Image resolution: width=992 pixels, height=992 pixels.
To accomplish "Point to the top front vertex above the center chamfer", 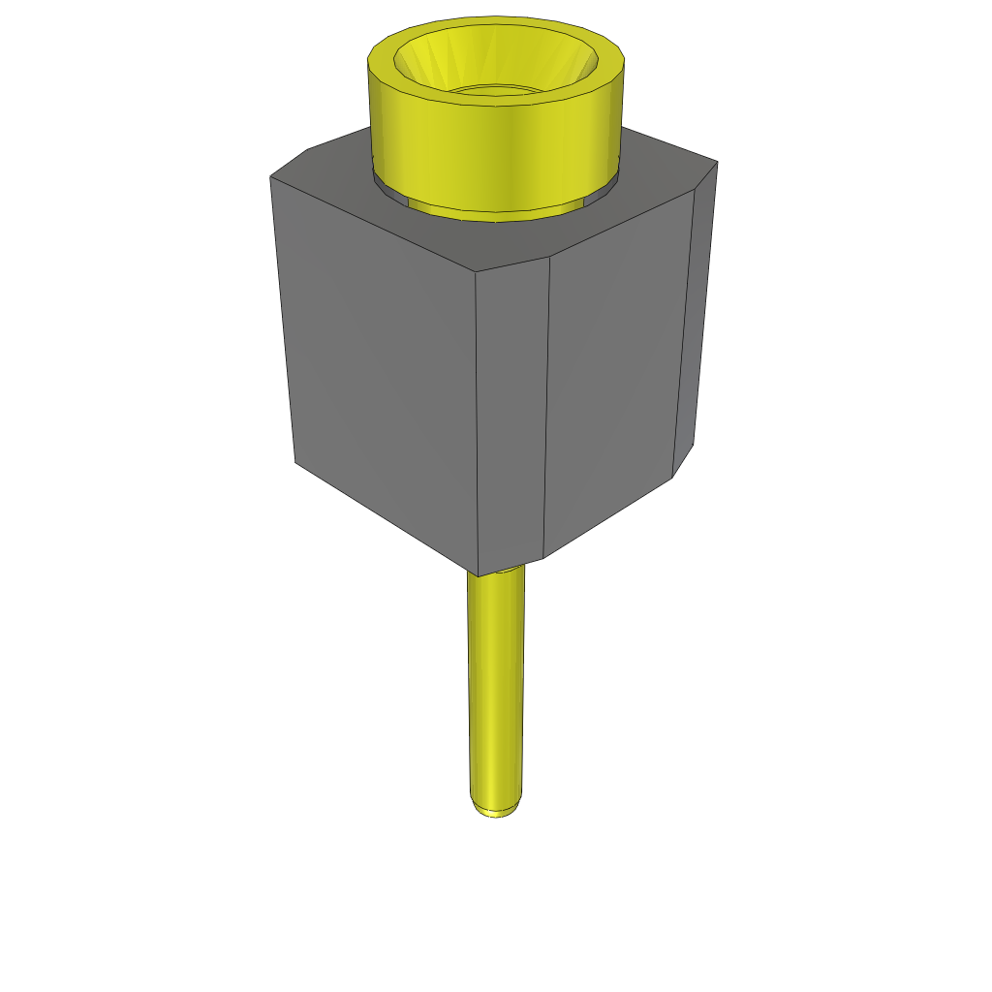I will (x=478, y=270).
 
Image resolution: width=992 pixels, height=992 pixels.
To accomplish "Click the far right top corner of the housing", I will (x=718, y=162).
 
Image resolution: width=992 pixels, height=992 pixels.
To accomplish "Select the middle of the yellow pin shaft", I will (x=496, y=688).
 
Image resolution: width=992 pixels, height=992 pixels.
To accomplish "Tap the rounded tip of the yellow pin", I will (x=496, y=810).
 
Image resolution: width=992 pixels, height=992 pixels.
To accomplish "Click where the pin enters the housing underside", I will (x=496, y=574).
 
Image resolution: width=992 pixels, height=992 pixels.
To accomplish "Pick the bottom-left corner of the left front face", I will (x=295, y=461).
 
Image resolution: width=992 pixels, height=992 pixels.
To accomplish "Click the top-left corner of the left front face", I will (x=270, y=178).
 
